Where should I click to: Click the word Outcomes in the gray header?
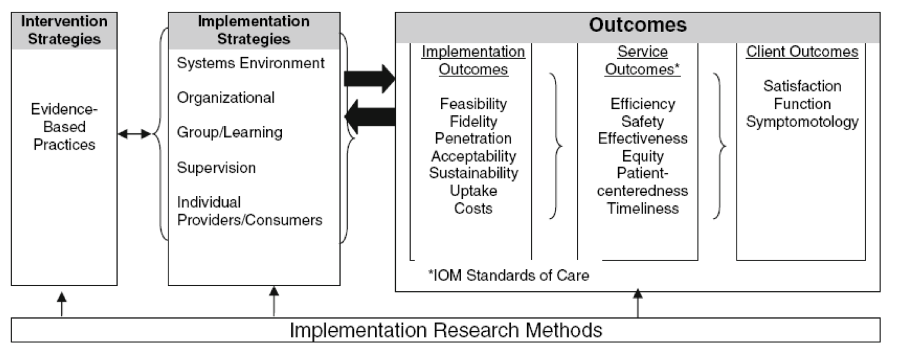tap(638, 25)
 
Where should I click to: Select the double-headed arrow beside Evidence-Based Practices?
tap(134, 134)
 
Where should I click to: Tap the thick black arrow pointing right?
tap(370, 79)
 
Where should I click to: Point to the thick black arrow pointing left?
tap(370, 117)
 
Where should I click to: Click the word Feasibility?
tap(473, 105)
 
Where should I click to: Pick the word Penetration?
tap(473, 138)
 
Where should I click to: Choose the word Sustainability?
tap(473, 173)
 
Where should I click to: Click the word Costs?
tap(473, 208)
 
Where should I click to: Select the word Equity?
tap(643, 157)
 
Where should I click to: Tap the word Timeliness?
tap(643, 208)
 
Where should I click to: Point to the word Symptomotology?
tap(802, 121)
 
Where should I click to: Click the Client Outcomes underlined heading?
tap(802, 51)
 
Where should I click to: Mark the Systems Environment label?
tap(251, 63)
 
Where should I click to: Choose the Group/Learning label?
tap(230, 133)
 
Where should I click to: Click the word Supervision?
tap(216, 168)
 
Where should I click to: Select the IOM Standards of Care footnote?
tap(509, 275)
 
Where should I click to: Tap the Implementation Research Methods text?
tap(446, 331)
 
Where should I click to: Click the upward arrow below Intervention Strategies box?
tap(61, 304)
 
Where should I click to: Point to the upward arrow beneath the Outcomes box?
tap(638, 303)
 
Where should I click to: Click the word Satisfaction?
tap(802, 86)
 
